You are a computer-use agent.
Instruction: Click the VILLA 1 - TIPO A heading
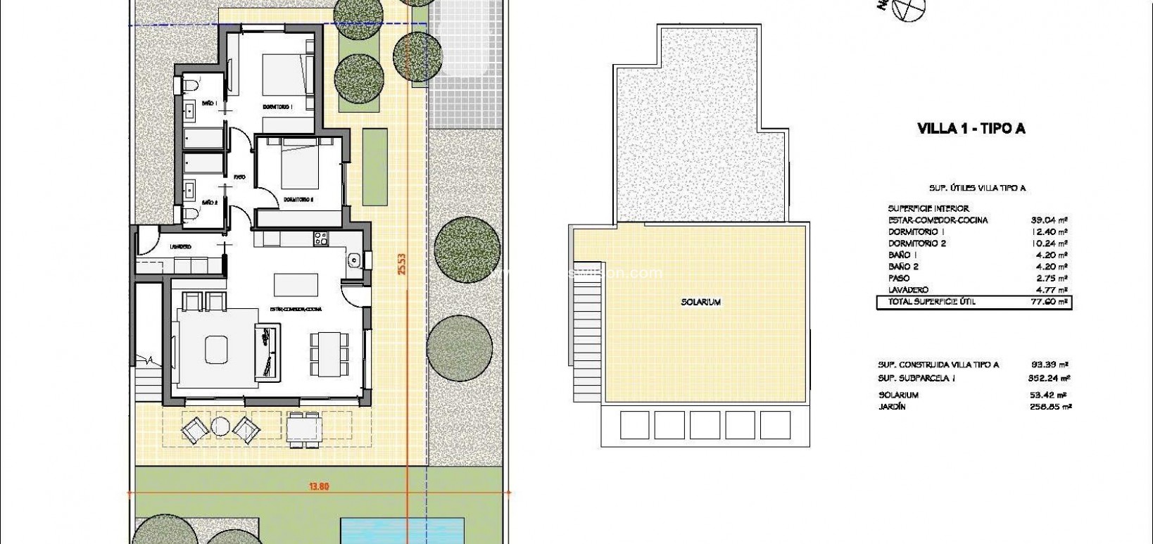(x=971, y=128)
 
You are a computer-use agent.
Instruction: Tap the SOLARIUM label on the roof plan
(x=700, y=302)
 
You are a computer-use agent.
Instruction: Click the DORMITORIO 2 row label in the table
(x=916, y=243)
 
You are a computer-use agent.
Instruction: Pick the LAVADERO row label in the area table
(x=908, y=290)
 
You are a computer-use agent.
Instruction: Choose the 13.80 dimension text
(x=319, y=486)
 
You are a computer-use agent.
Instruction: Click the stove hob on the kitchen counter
(x=321, y=239)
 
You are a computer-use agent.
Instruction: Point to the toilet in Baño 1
(x=190, y=86)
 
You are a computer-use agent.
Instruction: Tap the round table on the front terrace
(x=221, y=427)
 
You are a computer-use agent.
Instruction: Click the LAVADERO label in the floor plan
(x=180, y=246)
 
